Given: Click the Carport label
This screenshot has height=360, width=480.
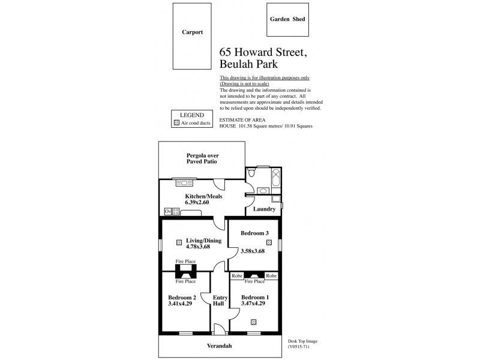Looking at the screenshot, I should tap(193, 32).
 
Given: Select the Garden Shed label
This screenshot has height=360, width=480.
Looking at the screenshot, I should tap(286, 19).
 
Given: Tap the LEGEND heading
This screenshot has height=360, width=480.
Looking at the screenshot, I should tap(192, 115).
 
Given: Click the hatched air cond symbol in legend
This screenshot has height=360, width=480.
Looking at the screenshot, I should tap(176, 123).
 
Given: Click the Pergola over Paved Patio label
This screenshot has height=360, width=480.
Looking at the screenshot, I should tap(201, 158).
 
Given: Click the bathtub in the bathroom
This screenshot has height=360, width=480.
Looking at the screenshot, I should tap(275, 178).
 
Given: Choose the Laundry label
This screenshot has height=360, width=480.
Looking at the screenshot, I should tap(264, 209).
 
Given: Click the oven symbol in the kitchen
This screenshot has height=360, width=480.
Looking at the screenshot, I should tap(167, 211).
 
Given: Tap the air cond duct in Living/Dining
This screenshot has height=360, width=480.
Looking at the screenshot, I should tap(179, 242).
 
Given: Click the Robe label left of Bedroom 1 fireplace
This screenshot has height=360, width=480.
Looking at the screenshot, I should tap(237, 275).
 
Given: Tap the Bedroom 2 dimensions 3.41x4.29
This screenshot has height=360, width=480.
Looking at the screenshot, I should tap(182, 304).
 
